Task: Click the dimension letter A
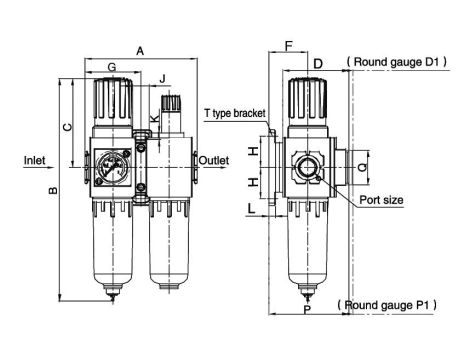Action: tap(140, 49)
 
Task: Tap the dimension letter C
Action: tap(67, 126)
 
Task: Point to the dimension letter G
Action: tap(111, 67)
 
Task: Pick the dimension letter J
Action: tap(162, 78)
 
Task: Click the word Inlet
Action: tap(34, 159)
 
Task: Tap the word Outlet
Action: tap(214, 160)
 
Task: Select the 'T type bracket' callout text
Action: tap(235, 114)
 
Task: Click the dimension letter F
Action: tap(288, 45)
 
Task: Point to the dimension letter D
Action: tap(317, 63)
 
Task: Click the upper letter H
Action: tap(254, 151)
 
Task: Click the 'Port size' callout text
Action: tap(380, 200)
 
